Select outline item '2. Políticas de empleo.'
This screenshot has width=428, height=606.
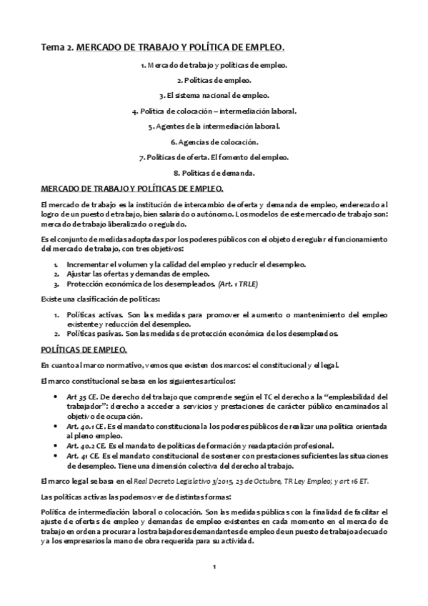(x=214, y=80)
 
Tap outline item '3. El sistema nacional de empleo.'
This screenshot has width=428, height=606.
(x=214, y=96)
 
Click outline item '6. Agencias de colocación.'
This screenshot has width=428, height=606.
(x=214, y=141)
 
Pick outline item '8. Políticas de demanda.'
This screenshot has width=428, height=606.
(x=214, y=173)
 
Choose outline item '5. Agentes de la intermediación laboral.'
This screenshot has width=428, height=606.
(x=214, y=126)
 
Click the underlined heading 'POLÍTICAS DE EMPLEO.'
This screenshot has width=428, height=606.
(x=84, y=349)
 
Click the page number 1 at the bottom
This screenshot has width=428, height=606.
(x=214, y=567)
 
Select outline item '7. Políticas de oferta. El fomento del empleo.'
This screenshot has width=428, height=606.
(x=214, y=157)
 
